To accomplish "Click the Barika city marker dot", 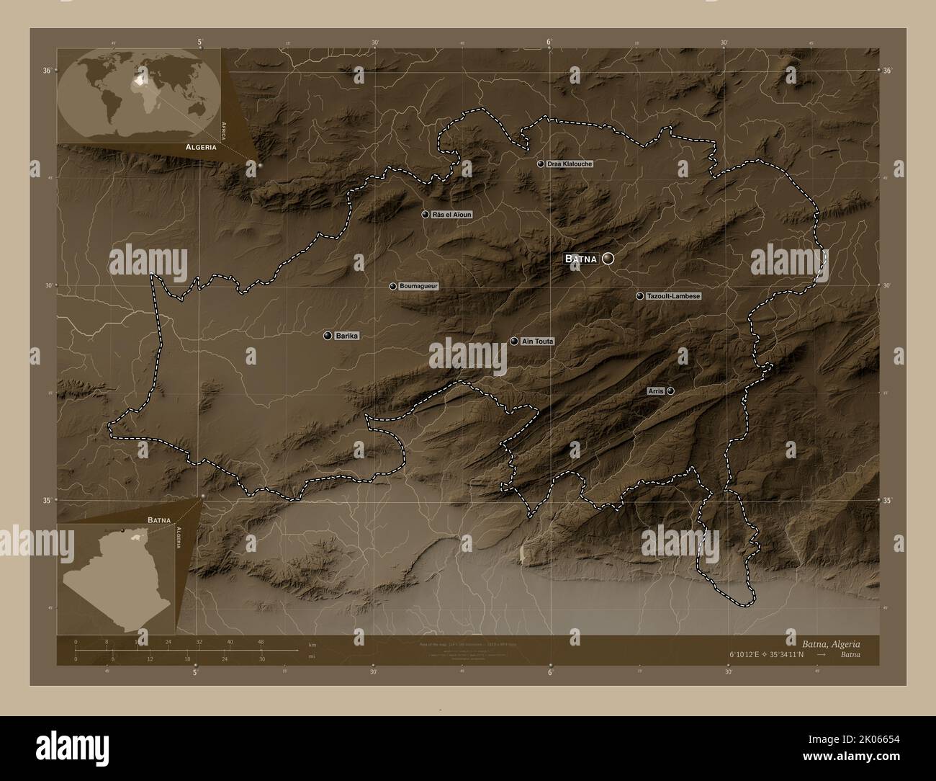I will point(328,336).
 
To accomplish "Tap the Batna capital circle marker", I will point(608,258).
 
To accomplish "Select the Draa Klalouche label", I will point(570,164).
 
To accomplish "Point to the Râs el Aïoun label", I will point(452,215).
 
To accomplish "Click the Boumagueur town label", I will point(418,287).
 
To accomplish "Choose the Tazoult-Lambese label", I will point(673,296).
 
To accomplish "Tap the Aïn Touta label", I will point(537,342).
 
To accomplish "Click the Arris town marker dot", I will point(670,390).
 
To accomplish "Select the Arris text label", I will point(655,390).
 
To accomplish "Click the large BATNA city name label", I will point(580,259).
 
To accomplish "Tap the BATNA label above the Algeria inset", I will point(159,519).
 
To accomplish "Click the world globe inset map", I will point(139,94).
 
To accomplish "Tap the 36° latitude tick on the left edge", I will point(46,71).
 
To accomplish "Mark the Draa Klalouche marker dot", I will point(541,164).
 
